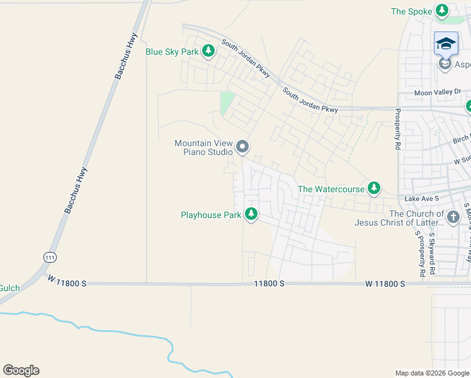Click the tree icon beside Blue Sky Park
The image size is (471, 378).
(x=208, y=52)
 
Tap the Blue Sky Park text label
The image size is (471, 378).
(x=172, y=52)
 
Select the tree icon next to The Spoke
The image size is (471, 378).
(x=443, y=11)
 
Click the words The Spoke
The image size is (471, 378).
(x=411, y=11)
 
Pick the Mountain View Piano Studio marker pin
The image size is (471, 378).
(x=243, y=147)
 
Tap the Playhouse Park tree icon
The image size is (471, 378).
(x=251, y=215)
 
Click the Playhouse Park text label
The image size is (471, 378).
(x=211, y=215)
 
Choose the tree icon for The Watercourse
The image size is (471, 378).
(x=374, y=188)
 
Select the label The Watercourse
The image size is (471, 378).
(x=331, y=188)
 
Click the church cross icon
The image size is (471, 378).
(x=453, y=217)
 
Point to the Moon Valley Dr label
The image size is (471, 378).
(x=438, y=92)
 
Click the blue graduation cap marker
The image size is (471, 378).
(x=446, y=44)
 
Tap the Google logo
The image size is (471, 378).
(x=21, y=370)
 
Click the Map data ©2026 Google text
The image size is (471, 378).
(x=431, y=373)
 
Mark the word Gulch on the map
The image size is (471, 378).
(x=9, y=288)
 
